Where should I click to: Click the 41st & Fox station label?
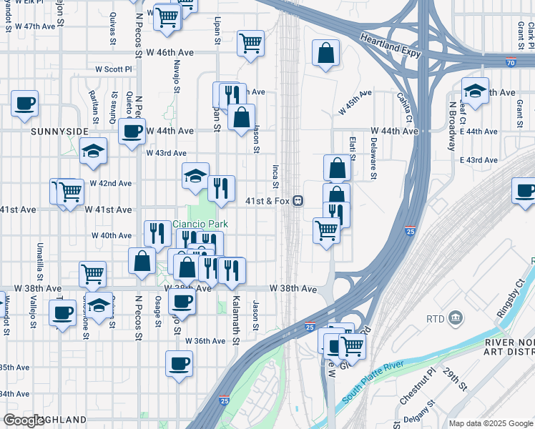(x=267, y=201)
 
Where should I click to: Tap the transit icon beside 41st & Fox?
(x=297, y=201)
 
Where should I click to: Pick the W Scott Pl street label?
(x=114, y=69)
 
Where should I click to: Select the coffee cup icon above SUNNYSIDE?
(x=25, y=104)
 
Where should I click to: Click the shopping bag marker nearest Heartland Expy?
(x=325, y=54)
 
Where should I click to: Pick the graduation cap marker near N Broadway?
(x=475, y=91)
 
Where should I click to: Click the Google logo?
(x=24, y=420)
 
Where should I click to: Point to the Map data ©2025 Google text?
(x=491, y=423)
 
